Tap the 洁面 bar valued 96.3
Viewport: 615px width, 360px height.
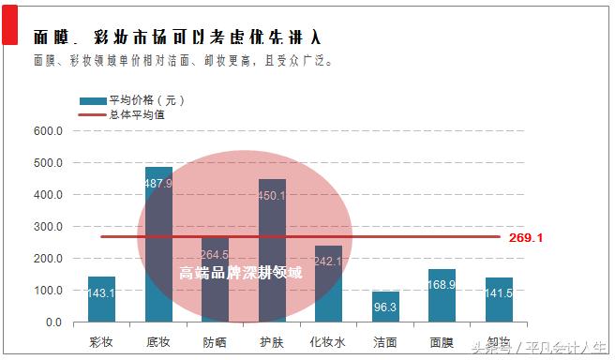click(385, 307)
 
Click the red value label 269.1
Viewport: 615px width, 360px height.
click(526, 238)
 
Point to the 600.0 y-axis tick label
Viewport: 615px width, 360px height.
click(47, 131)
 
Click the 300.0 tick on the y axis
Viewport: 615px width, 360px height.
click(47, 227)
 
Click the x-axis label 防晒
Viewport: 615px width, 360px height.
click(215, 341)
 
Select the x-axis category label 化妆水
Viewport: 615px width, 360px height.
click(328, 341)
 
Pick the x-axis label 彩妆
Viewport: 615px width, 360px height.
click(101, 341)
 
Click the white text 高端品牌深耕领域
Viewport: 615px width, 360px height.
click(241, 273)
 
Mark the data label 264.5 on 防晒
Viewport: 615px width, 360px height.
click(215, 253)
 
